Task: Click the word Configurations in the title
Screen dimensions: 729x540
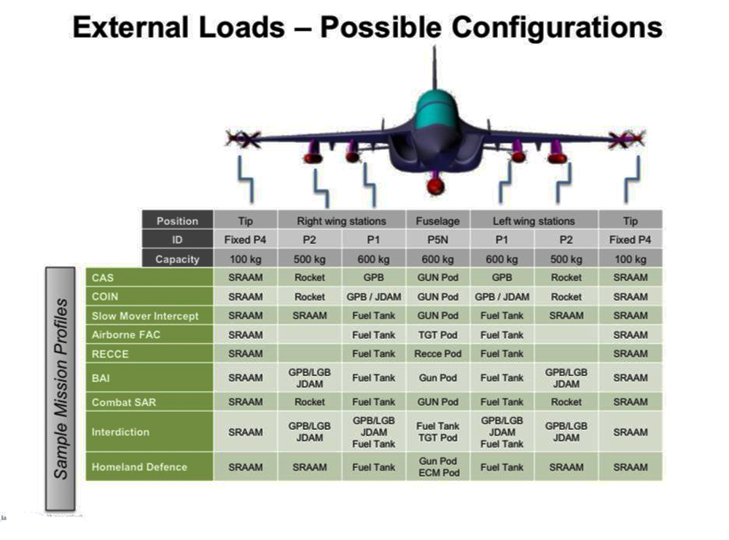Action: pyautogui.click(x=557, y=27)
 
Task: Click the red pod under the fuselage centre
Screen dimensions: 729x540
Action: pyautogui.click(x=436, y=185)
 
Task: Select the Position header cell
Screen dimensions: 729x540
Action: pyautogui.click(x=177, y=221)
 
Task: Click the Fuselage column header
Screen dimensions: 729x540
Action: pyautogui.click(x=437, y=221)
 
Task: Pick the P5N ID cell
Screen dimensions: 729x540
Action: pyautogui.click(x=437, y=240)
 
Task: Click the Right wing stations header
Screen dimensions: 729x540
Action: pyautogui.click(x=341, y=221)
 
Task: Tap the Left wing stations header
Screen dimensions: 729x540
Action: pyautogui.click(x=534, y=221)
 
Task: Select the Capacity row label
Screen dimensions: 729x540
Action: pyautogui.click(x=177, y=259)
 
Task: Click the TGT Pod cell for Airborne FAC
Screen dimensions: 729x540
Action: pyautogui.click(x=437, y=334)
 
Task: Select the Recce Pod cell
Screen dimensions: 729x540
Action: pyautogui.click(x=437, y=353)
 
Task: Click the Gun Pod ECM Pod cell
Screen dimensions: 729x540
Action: pyautogui.click(x=437, y=466)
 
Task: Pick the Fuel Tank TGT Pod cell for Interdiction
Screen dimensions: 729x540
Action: pyautogui.click(x=437, y=431)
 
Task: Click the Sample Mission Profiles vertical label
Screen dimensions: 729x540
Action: pyautogui.click(x=61, y=388)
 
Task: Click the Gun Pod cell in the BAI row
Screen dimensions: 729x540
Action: pyautogui.click(x=437, y=377)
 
